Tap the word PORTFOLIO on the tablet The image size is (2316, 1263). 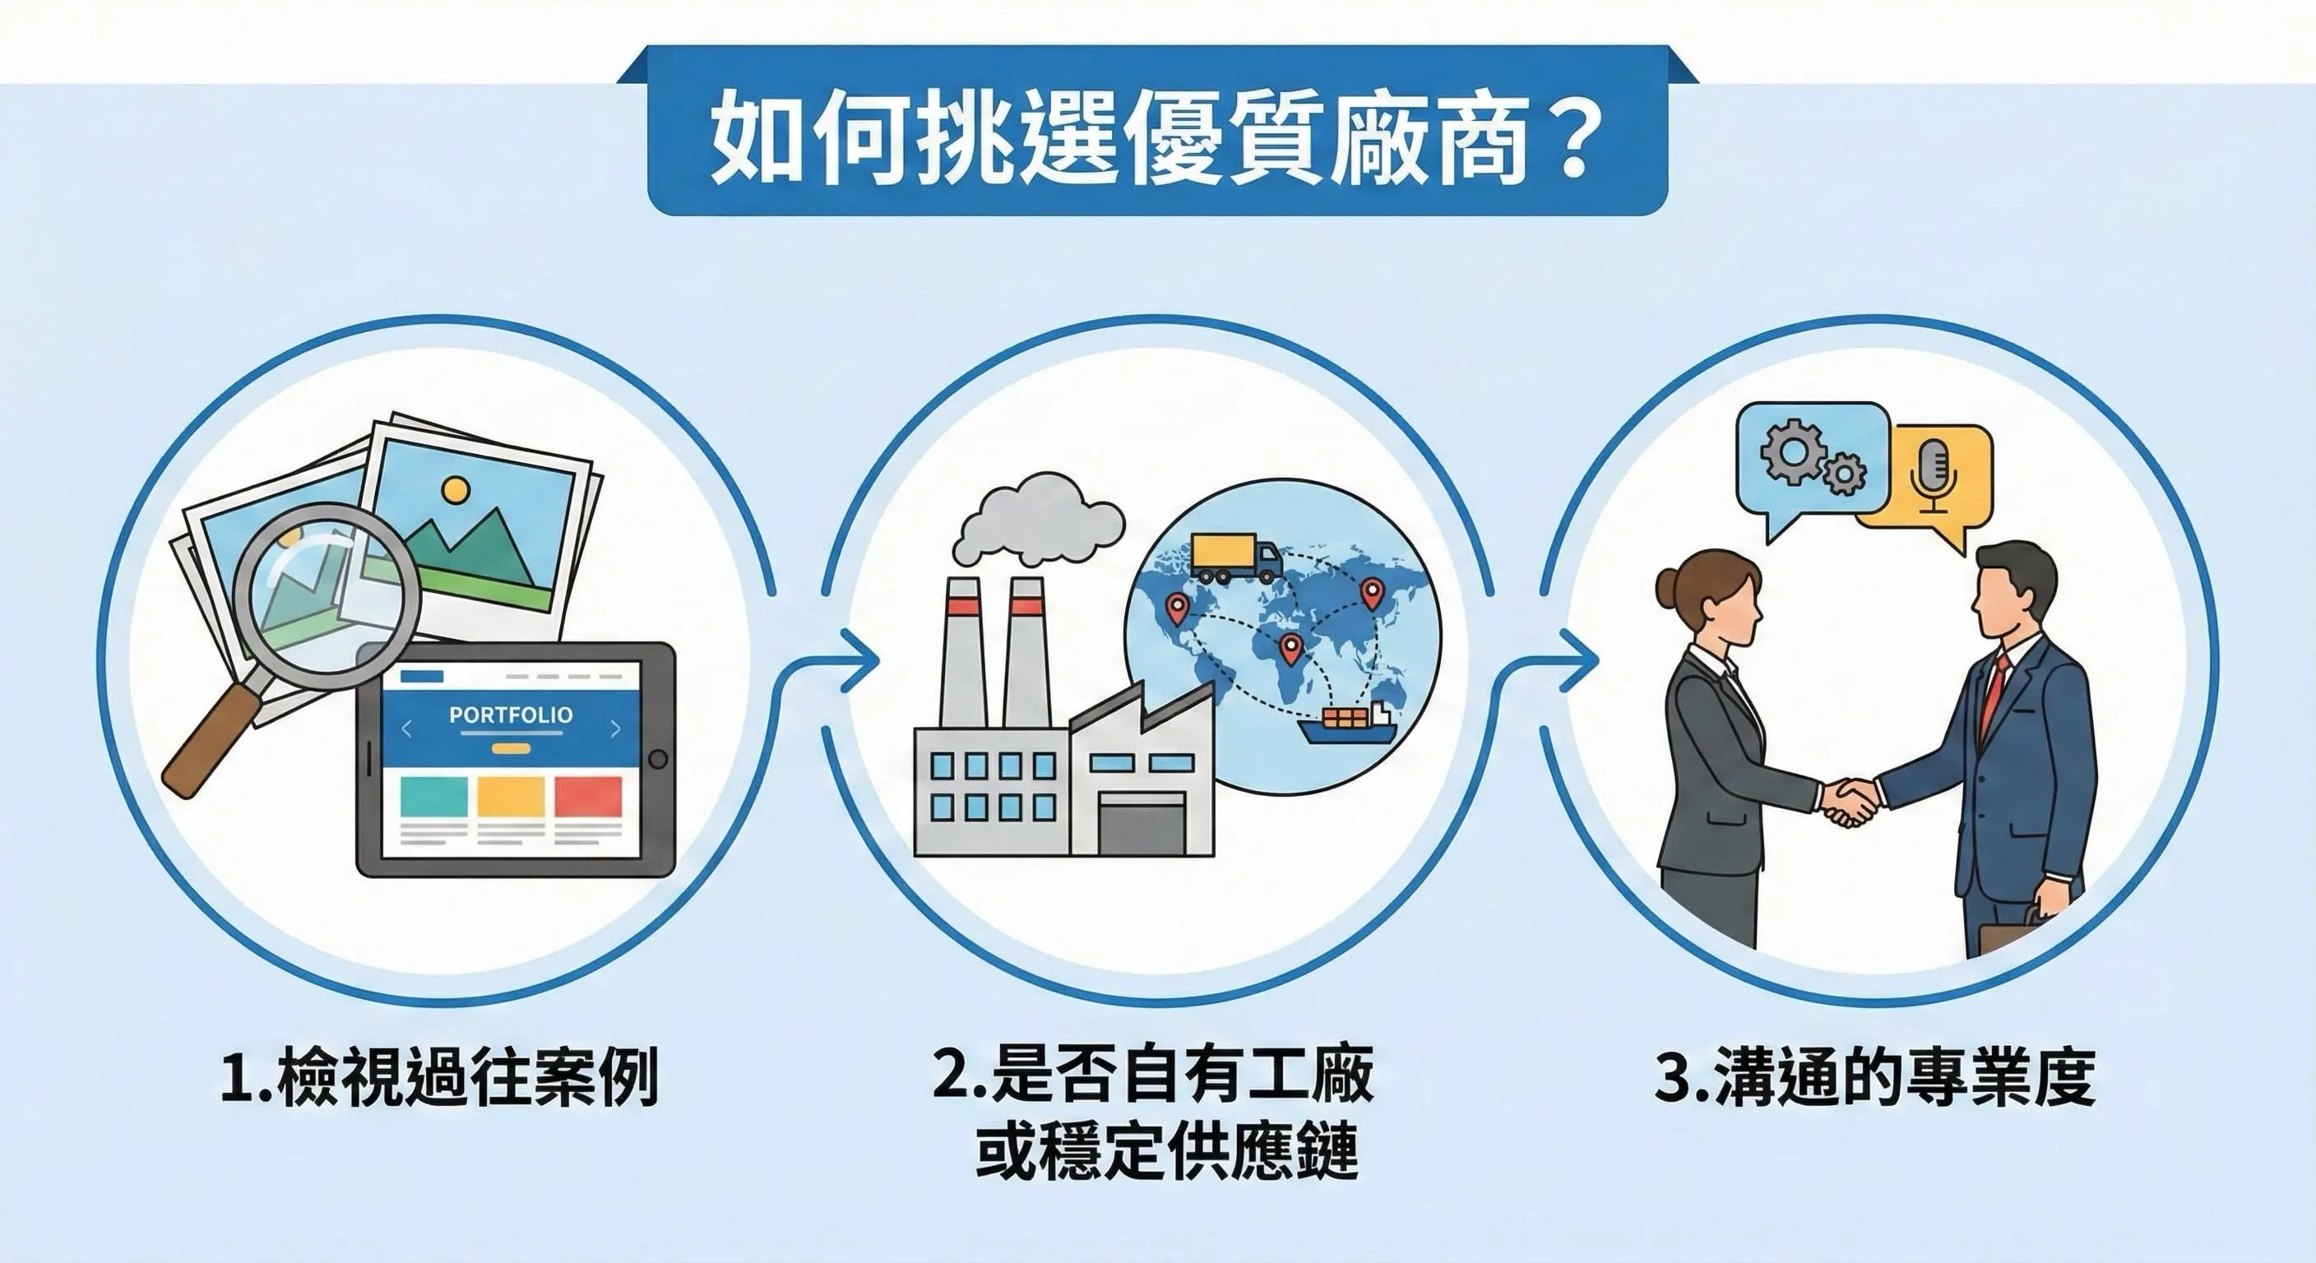pos(511,715)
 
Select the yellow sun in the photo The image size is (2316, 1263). pos(456,490)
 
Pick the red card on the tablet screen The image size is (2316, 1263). pos(588,797)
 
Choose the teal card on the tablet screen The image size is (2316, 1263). pos(433,797)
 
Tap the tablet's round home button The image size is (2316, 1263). pos(658,759)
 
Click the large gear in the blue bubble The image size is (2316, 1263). pos(1793,452)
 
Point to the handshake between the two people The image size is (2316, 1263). pos(1850,801)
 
